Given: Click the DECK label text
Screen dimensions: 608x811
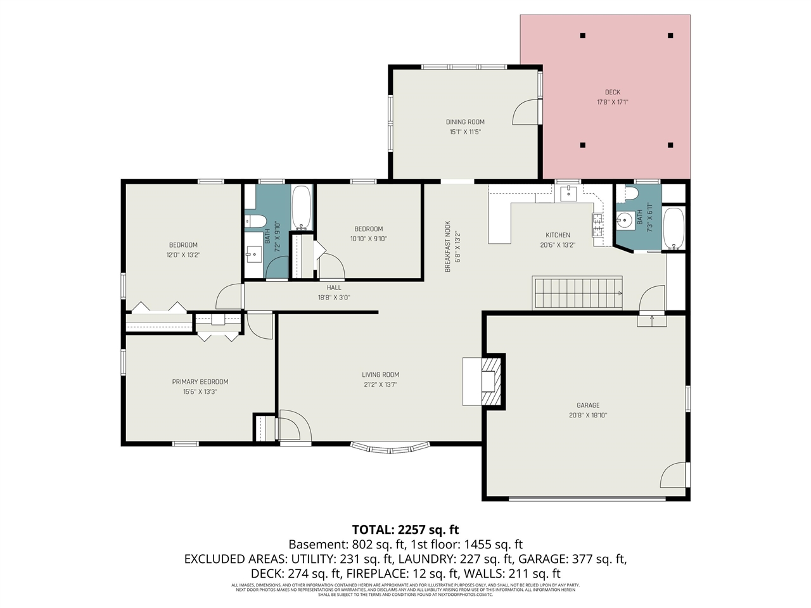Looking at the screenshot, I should [x=612, y=92].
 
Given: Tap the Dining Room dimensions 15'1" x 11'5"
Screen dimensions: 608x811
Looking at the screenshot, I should [x=465, y=132].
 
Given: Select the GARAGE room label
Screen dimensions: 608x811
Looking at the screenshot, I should [x=588, y=405].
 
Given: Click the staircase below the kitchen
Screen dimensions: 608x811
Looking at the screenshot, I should [x=577, y=293].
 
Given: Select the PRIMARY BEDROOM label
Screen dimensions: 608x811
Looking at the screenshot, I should [x=200, y=382].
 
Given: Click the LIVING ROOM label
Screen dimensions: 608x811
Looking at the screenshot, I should [x=381, y=375].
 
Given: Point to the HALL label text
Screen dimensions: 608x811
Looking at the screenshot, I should [x=334, y=288].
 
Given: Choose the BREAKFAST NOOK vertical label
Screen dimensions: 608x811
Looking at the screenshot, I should [x=447, y=246].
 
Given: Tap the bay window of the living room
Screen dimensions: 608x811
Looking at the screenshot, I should [x=390, y=448].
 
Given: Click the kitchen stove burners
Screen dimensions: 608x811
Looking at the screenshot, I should [x=597, y=225].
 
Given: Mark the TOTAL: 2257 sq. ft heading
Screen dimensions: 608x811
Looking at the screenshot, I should [x=405, y=529].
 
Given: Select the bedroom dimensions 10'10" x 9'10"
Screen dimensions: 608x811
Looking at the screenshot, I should [x=368, y=239].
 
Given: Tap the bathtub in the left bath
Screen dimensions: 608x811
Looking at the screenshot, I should [x=302, y=208].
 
